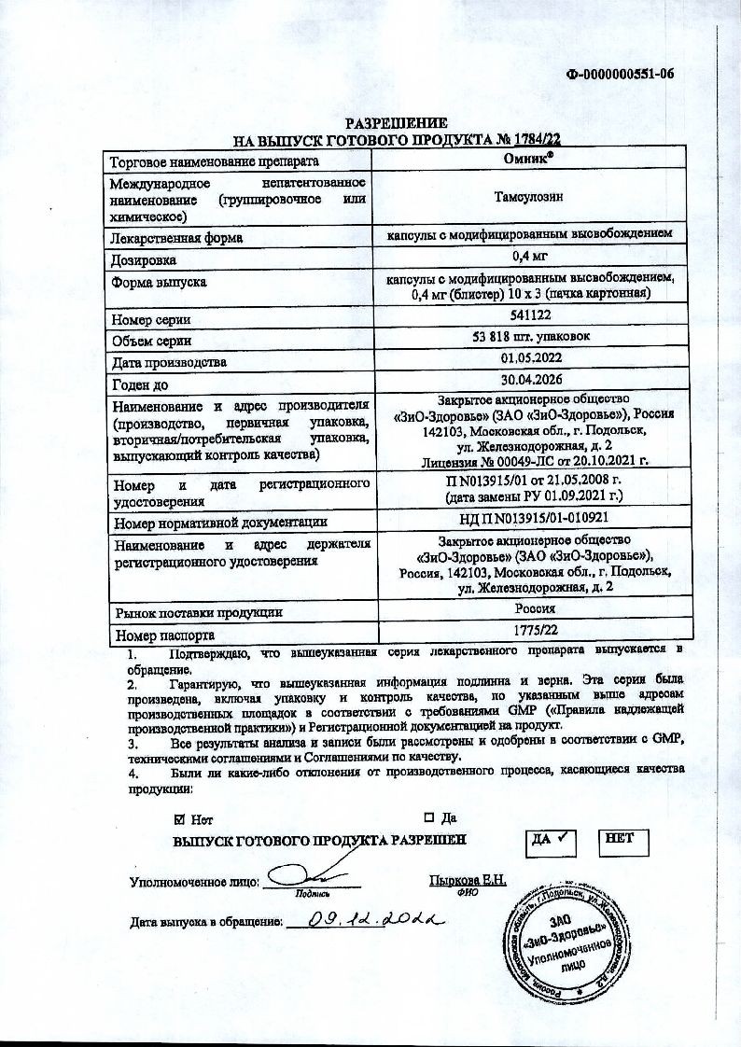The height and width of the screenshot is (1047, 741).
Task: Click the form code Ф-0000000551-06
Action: (620, 76)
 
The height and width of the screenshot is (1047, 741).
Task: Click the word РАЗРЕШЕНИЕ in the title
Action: (397, 123)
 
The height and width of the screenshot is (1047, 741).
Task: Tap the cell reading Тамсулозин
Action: (528, 198)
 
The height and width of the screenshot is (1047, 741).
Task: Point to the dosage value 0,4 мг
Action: (528, 258)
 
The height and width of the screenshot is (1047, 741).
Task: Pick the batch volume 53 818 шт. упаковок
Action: (528, 337)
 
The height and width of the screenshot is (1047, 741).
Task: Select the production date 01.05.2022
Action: (528, 360)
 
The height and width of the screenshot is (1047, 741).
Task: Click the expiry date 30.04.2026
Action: (528, 382)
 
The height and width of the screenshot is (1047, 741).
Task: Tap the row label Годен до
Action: (139, 384)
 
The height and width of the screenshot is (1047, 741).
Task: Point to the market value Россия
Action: (528, 611)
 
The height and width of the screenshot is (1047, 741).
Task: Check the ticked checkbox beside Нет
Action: (180, 819)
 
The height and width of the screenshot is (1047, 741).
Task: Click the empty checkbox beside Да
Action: (430, 819)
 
